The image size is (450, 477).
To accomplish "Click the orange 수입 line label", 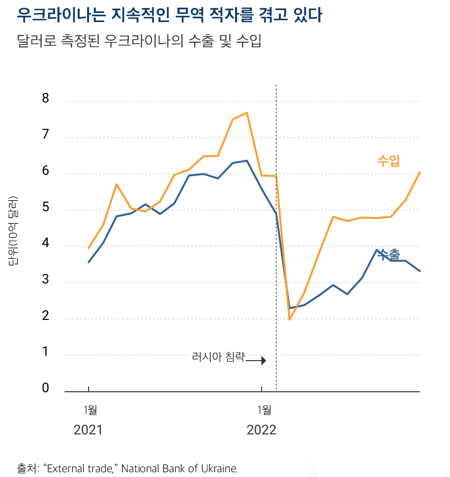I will [x=388, y=160].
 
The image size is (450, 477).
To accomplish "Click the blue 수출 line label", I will [x=389, y=255].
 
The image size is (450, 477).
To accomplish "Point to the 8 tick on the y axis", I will [x=45, y=99].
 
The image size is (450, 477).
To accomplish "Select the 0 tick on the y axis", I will [x=45, y=388].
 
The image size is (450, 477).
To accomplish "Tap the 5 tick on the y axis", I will [x=45, y=208].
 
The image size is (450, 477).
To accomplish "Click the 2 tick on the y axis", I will [x=45, y=316].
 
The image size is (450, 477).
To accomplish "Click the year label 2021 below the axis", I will [x=88, y=430].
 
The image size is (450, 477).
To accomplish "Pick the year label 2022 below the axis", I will [x=261, y=430].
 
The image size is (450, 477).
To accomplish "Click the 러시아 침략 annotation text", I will [x=218, y=357].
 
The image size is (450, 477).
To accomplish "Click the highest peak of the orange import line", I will [x=247, y=113].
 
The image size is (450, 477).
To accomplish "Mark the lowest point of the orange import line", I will [x=290, y=319].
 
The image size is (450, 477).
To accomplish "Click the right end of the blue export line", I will [x=420, y=271].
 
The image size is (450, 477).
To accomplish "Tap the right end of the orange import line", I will [x=420, y=172].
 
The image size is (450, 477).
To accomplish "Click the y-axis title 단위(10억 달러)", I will [x=13, y=231].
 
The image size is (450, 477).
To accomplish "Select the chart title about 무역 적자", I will [x=169, y=16].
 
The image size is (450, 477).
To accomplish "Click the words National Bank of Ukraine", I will [x=179, y=468].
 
